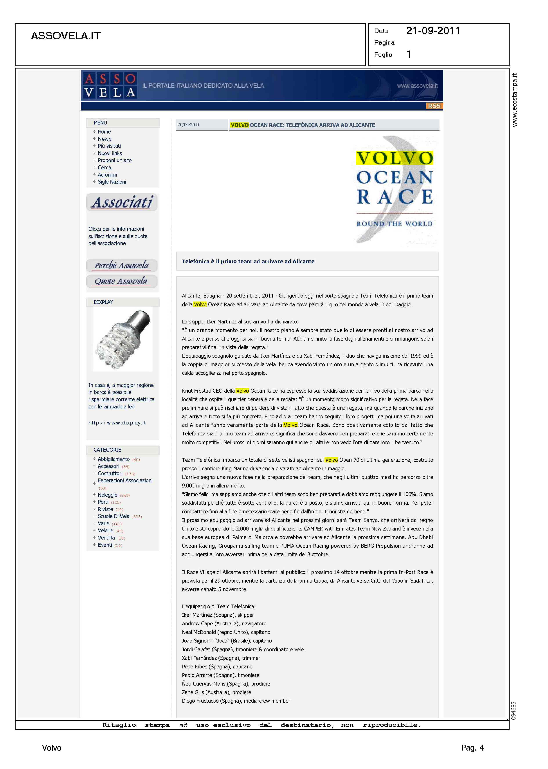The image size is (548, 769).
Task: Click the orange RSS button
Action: point(434,106)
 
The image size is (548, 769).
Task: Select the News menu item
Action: point(105,139)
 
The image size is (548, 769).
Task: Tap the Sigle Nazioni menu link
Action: point(112,182)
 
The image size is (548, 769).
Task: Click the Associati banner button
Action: point(122,202)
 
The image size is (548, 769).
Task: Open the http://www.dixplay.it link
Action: point(117,423)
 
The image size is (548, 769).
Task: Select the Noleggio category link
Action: point(108,495)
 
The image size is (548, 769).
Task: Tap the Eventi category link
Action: point(105,545)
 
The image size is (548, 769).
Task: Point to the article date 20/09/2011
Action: point(188,125)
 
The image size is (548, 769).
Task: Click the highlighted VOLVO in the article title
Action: point(240,125)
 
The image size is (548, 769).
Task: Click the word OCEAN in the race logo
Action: point(395,177)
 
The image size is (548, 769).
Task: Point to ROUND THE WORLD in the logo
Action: point(395,224)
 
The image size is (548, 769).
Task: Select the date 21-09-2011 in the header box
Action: point(433,31)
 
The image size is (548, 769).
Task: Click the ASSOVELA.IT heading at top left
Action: point(66,36)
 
